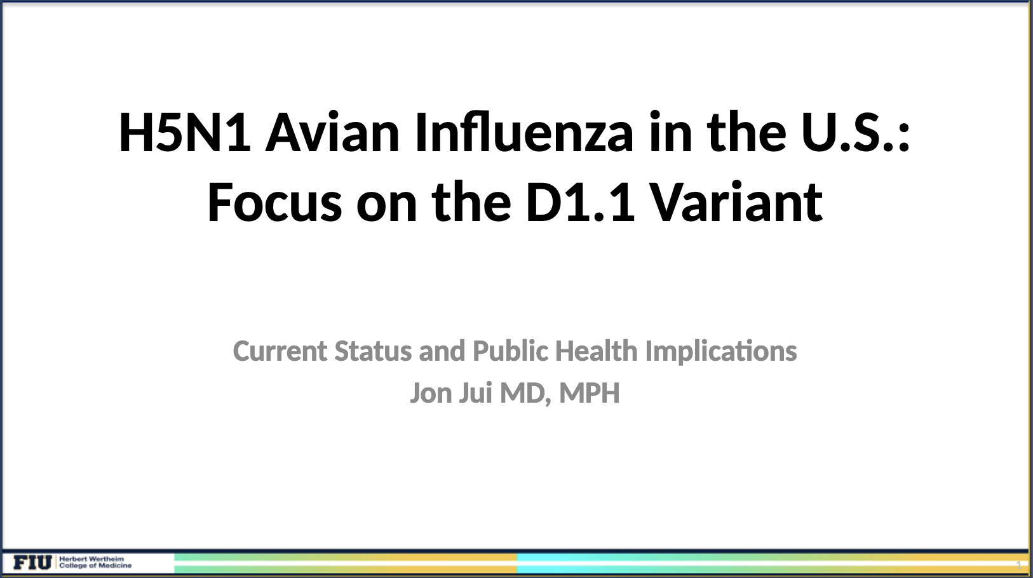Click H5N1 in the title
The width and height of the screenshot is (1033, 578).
pyautogui.click(x=185, y=133)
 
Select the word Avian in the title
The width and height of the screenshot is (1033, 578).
pyautogui.click(x=332, y=132)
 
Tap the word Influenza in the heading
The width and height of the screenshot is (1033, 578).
pyautogui.click(x=524, y=132)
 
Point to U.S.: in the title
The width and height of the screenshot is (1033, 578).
pyautogui.click(x=856, y=133)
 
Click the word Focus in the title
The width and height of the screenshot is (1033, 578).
pyautogui.click(x=275, y=202)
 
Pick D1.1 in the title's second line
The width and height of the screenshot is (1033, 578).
pyautogui.click(x=581, y=202)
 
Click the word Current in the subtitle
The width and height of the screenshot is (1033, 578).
pyautogui.click(x=280, y=351)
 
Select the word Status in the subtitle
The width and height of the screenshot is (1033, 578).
pyautogui.click(x=373, y=351)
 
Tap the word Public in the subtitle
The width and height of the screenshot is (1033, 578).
pyautogui.click(x=511, y=351)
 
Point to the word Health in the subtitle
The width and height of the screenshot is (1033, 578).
pyautogui.click(x=596, y=351)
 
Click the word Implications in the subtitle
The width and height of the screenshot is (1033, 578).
pyautogui.click(x=721, y=352)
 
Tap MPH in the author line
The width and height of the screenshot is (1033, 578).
pyautogui.click(x=590, y=393)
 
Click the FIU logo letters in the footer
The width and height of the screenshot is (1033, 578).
pyautogui.click(x=32, y=562)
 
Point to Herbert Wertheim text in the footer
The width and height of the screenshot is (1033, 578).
pyautogui.click(x=91, y=559)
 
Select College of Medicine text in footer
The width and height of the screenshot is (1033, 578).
pyautogui.click(x=95, y=565)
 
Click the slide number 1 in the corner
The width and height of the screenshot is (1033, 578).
pyautogui.click(x=1018, y=565)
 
